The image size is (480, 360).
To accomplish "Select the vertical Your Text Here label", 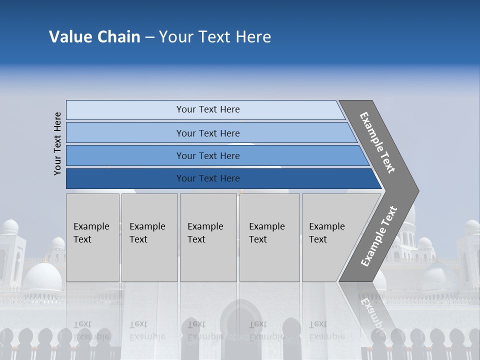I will (x=57, y=143).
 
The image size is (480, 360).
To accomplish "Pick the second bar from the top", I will (x=208, y=133).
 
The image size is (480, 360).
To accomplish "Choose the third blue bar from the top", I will (x=208, y=155).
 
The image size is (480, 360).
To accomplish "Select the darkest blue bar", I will (x=208, y=178).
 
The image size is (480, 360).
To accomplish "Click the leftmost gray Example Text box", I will (x=92, y=237).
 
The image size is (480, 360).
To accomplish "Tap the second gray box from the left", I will (x=149, y=237).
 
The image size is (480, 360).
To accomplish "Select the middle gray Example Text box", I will (x=208, y=237).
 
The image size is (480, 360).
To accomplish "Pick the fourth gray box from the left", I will (x=269, y=237).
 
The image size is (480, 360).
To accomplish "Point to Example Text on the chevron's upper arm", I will (x=378, y=142).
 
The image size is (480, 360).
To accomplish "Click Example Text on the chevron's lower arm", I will (x=379, y=236).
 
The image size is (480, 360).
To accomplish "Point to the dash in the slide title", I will (x=149, y=37).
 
